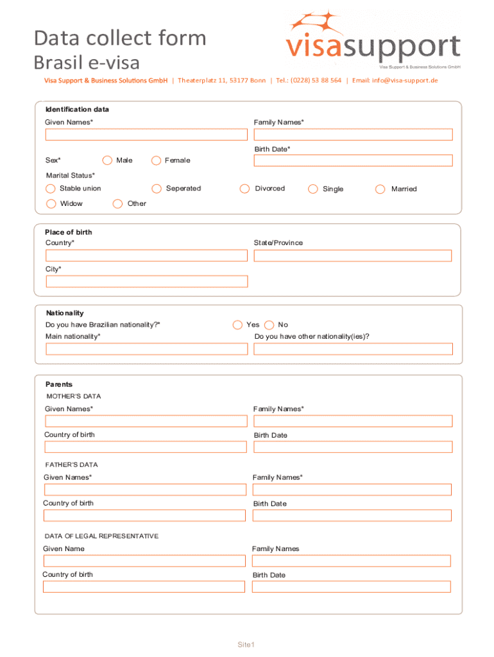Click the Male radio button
pos(107,160)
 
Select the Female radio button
pos(156,160)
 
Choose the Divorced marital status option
pos(244,189)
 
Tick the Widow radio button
pos(51,204)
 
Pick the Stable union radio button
pos(51,189)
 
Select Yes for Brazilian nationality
pos(238,325)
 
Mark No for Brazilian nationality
pos(269,325)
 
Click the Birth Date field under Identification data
pos(353,160)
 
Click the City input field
pos(147,282)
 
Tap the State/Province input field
pos(353,255)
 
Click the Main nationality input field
pos(146,349)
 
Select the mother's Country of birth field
pos(146,447)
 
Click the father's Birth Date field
pos(352,515)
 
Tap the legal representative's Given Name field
pos(144,561)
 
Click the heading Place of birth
pos(69,232)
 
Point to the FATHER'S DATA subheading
pos(71,465)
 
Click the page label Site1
pos(247,645)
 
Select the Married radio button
pos(380,189)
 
